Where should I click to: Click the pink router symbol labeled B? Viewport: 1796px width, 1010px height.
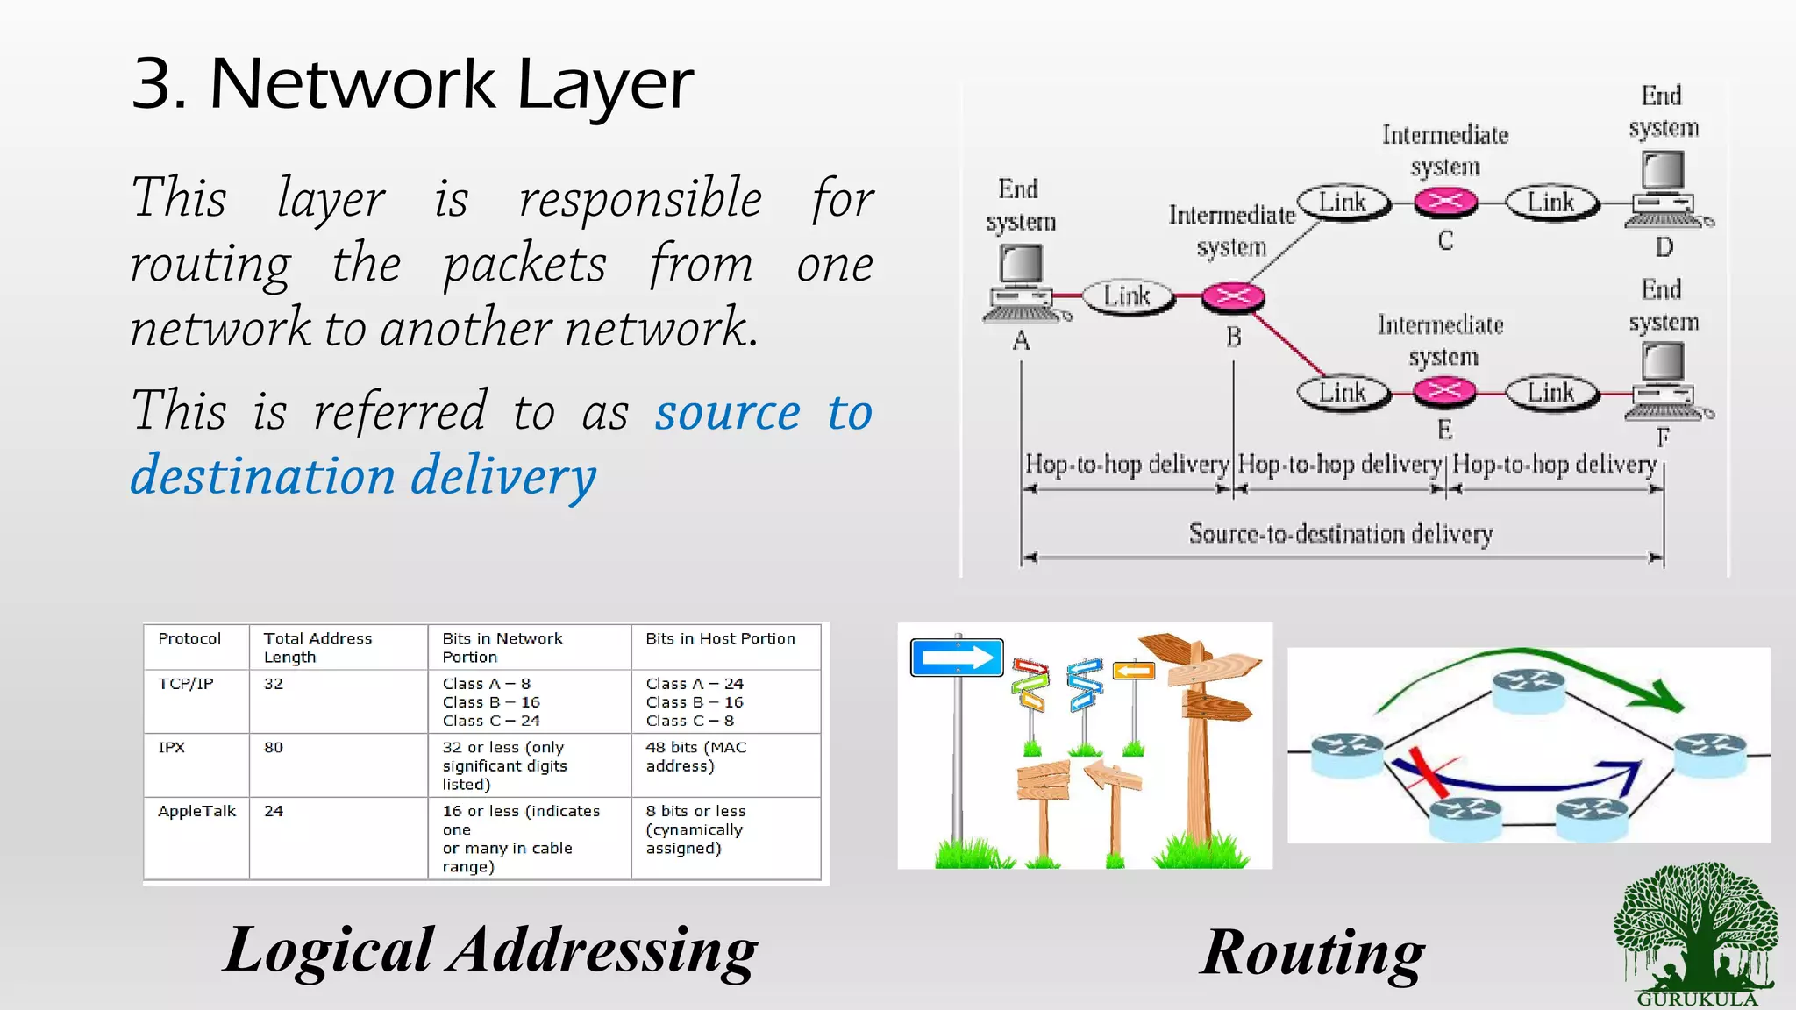(1232, 297)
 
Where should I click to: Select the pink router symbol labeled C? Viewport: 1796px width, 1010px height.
(1445, 202)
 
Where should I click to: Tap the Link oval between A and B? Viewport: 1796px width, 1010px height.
(1127, 296)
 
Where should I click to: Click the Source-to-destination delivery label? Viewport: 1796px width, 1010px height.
(1340, 533)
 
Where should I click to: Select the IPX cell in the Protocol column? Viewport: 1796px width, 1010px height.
(172, 747)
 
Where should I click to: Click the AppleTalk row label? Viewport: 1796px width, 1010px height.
(196, 811)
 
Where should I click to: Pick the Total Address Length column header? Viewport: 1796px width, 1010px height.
(317, 647)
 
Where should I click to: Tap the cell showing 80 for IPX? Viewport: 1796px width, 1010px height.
(274, 747)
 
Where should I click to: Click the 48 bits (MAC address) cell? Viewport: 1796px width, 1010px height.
(696, 756)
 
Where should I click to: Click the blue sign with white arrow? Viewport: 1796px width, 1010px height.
(957, 658)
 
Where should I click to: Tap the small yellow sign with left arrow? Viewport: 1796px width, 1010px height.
(1133, 672)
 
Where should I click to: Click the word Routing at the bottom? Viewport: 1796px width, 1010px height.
(1312, 952)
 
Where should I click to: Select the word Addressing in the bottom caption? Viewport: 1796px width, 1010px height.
(602, 950)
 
